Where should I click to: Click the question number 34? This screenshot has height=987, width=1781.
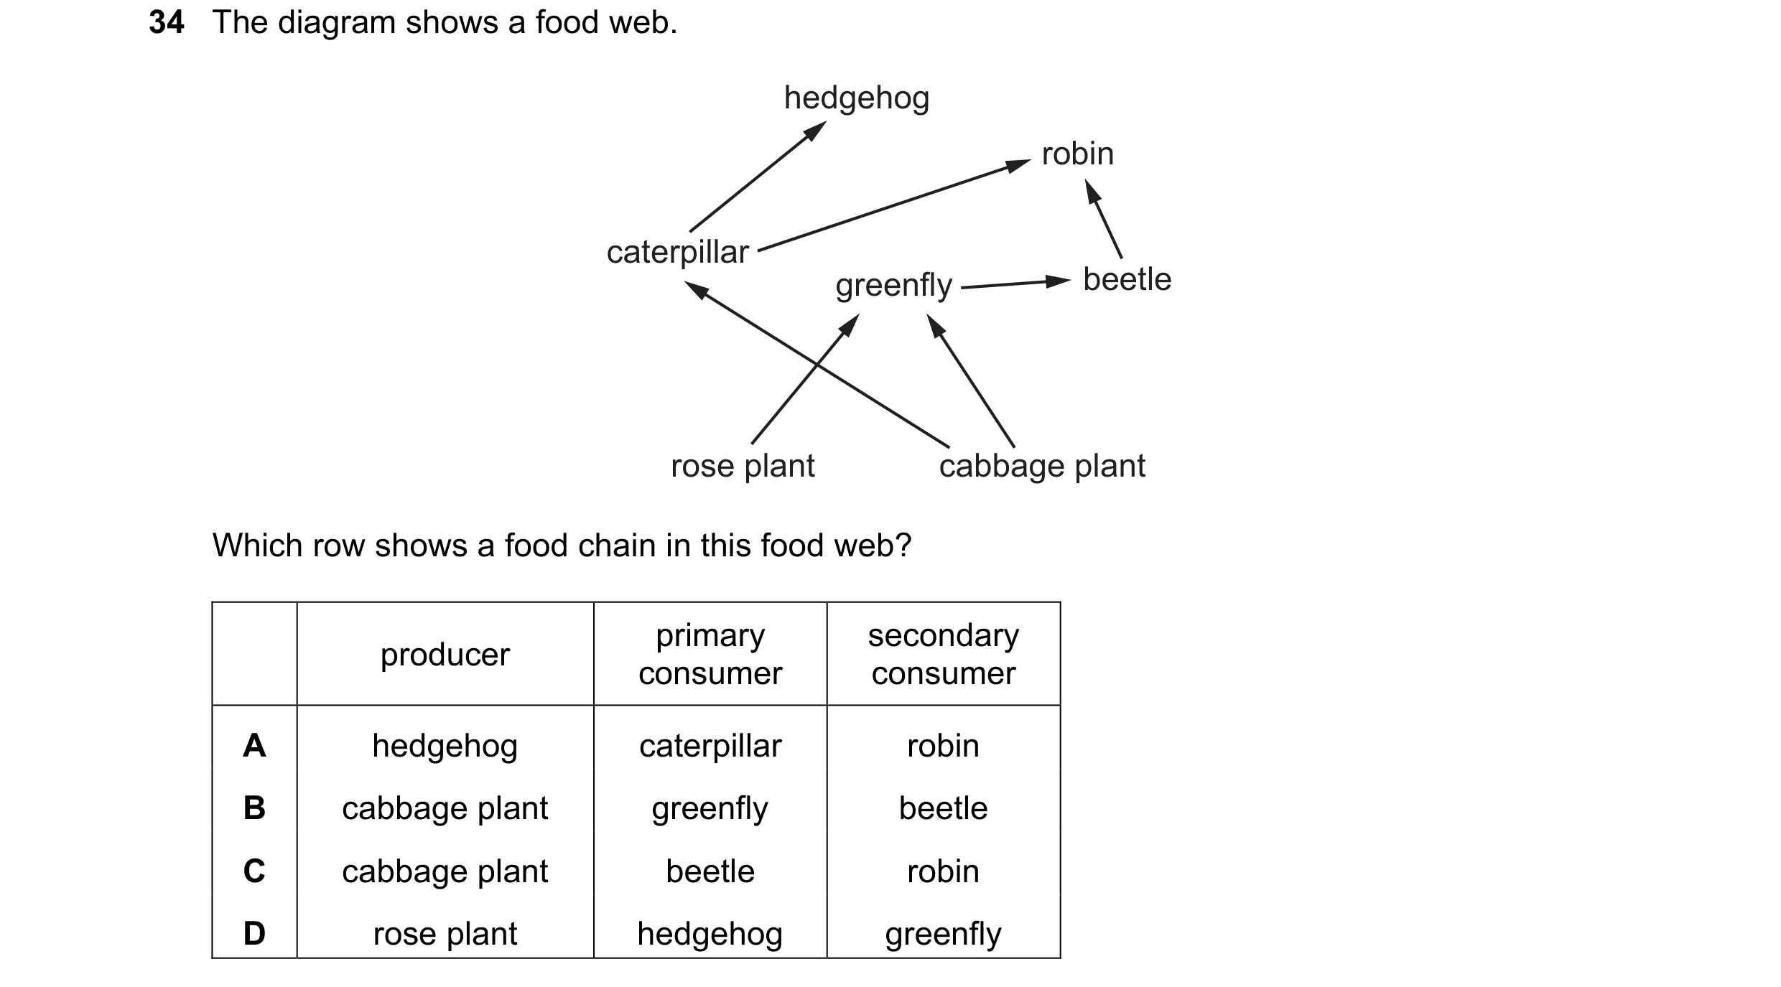167,22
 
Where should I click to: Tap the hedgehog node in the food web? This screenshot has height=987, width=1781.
857,98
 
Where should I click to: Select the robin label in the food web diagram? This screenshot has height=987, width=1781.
1078,154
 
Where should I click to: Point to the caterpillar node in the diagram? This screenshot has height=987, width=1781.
677,253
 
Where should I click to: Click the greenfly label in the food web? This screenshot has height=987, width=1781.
893,286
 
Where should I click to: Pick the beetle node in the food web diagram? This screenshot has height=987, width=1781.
1127,279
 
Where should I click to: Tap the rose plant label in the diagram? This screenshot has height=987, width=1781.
743,467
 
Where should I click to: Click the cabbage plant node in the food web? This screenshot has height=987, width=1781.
1042,467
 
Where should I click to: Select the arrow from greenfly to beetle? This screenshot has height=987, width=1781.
1016,284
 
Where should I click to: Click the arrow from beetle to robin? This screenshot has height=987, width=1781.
1103,218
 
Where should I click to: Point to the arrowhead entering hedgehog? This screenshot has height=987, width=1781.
815,131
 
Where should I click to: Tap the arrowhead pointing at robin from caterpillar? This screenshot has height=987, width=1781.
1018,165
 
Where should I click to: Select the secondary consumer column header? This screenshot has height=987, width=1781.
944,654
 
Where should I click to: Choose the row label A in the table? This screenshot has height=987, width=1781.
254,746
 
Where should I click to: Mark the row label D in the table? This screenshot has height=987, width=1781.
254,933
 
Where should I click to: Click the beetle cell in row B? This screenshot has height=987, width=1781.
944,808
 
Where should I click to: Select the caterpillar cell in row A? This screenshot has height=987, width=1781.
710,747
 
